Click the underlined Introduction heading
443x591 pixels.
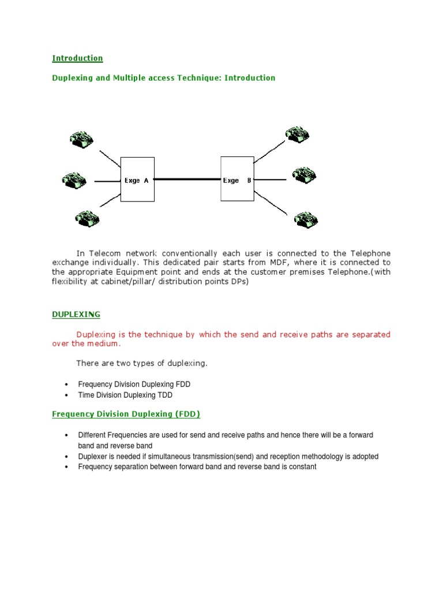coord(77,58)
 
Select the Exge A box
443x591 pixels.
coord(137,179)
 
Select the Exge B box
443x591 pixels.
coord(237,179)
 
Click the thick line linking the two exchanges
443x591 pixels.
coord(187,179)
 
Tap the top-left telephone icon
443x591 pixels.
coord(81,139)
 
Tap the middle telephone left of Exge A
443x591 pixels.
coord(74,179)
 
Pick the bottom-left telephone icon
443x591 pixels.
coord(87,219)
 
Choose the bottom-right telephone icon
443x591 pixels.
coord(306,218)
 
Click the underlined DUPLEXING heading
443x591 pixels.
coord(76,315)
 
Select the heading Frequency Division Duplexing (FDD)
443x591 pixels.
coord(126,414)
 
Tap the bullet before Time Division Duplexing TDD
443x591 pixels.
coord(67,396)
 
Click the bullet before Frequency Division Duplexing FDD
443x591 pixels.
coord(67,384)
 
